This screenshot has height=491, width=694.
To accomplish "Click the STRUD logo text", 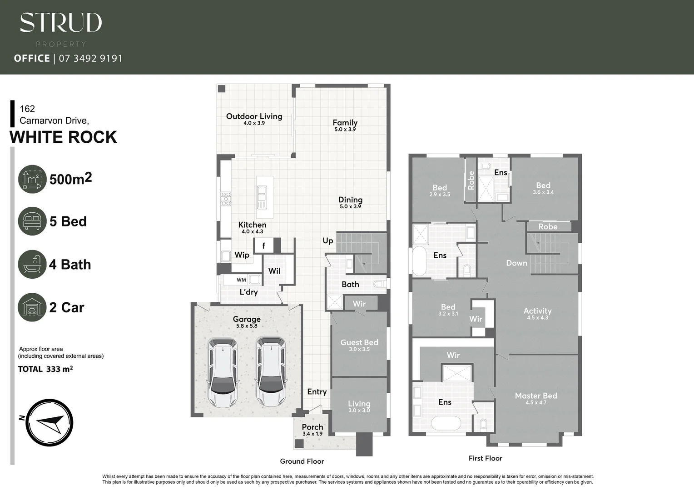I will pyautogui.click(x=61, y=23).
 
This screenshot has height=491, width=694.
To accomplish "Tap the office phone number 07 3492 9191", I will pyautogui.click(x=90, y=58).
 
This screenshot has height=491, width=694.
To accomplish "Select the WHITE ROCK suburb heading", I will pyautogui.click(x=63, y=137).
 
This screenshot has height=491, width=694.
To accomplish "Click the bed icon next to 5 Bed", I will pyautogui.click(x=32, y=221).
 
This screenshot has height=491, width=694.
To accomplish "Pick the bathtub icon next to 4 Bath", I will pyautogui.click(x=32, y=264).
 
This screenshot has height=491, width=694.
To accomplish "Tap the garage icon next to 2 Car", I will pyautogui.click(x=32, y=307).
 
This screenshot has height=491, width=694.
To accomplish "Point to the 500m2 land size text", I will pyautogui.click(x=70, y=179).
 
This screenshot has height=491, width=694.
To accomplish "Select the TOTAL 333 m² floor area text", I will pyautogui.click(x=45, y=369).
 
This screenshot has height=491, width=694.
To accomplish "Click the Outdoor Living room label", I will pyautogui.click(x=254, y=116).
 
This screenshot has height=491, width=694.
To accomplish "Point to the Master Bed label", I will pyautogui.click(x=535, y=396).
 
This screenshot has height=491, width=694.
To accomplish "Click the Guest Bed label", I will pyautogui.click(x=359, y=342).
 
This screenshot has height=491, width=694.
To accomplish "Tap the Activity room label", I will pyautogui.click(x=537, y=311).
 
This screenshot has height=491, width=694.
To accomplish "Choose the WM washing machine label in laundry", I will pyautogui.click(x=241, y=280).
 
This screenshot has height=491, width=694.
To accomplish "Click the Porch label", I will pyautogui.click(x=312, y=427).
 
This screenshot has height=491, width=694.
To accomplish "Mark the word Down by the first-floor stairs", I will pyautogui.click(x=516, y=263).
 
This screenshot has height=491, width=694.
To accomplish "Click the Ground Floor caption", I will pyautogui.click(x=302, y=461).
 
